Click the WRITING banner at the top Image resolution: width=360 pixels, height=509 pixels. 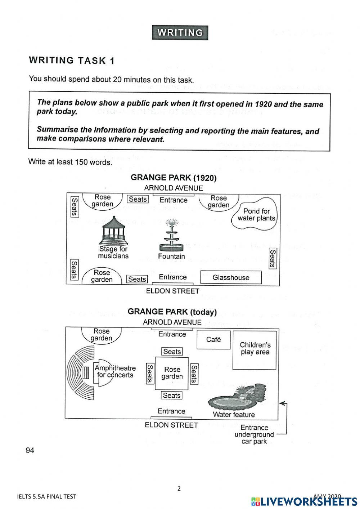(x=180, y=33)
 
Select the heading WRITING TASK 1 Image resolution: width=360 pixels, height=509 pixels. (x=72, y=61)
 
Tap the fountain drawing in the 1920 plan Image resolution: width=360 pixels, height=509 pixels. (x=171, y=236)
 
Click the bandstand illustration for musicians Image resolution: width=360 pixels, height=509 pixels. (x=113, y=230)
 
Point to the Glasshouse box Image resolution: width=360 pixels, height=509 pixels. (x=231, y=277)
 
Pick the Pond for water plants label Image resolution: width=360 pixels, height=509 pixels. (x=256, y=215)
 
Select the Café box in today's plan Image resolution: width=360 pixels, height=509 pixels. (x=213, y=340)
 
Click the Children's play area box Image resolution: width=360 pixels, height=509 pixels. (x=255, y=350)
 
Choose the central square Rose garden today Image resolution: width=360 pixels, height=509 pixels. (x=172, y=373)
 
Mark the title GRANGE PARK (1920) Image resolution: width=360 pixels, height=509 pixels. (x=174, y=178)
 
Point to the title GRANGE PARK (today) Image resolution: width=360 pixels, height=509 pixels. (x=172, y=312)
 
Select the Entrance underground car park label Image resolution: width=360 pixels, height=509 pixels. (x=254, y=434)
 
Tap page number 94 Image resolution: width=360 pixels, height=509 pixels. (x=30, y=450)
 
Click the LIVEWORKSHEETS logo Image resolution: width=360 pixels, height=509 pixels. (x=304, y=501)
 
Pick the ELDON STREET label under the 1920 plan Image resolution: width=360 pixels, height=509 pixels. (x=172, y=291)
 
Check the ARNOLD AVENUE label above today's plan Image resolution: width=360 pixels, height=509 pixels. (x=172, y=322)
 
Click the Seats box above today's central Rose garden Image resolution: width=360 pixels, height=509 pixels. (x=172, y=352)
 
